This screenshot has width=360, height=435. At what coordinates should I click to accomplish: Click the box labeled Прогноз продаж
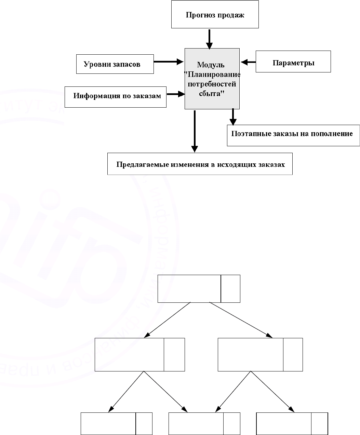215,14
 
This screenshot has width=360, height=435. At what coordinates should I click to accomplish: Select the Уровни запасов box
115,64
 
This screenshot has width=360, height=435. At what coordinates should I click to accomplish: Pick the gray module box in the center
212,79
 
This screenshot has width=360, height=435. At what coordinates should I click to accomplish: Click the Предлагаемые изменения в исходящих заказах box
200,164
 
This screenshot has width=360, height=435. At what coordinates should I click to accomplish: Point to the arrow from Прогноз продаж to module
210,39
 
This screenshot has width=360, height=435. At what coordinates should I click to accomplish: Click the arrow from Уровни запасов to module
169,62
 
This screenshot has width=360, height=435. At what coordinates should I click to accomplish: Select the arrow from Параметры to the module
248,62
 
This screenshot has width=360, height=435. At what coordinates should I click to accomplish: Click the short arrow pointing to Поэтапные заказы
233,117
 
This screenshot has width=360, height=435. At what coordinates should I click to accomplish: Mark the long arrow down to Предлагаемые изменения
195,131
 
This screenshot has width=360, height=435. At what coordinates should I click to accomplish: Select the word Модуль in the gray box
211,65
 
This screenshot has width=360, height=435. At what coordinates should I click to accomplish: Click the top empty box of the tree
189,289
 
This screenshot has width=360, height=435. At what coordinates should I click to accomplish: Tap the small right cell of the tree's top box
230,289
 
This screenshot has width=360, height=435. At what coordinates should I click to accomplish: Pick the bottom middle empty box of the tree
196,423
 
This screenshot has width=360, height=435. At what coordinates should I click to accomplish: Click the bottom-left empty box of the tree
108,423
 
